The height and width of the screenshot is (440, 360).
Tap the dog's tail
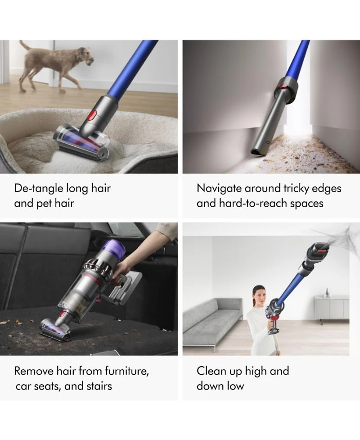[x=25, y=46]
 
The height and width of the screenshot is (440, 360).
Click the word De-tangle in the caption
[x=39, y=188]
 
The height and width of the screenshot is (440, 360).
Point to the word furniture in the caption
[x=127, y=371]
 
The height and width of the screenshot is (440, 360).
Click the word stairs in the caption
[x=99, y=386]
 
